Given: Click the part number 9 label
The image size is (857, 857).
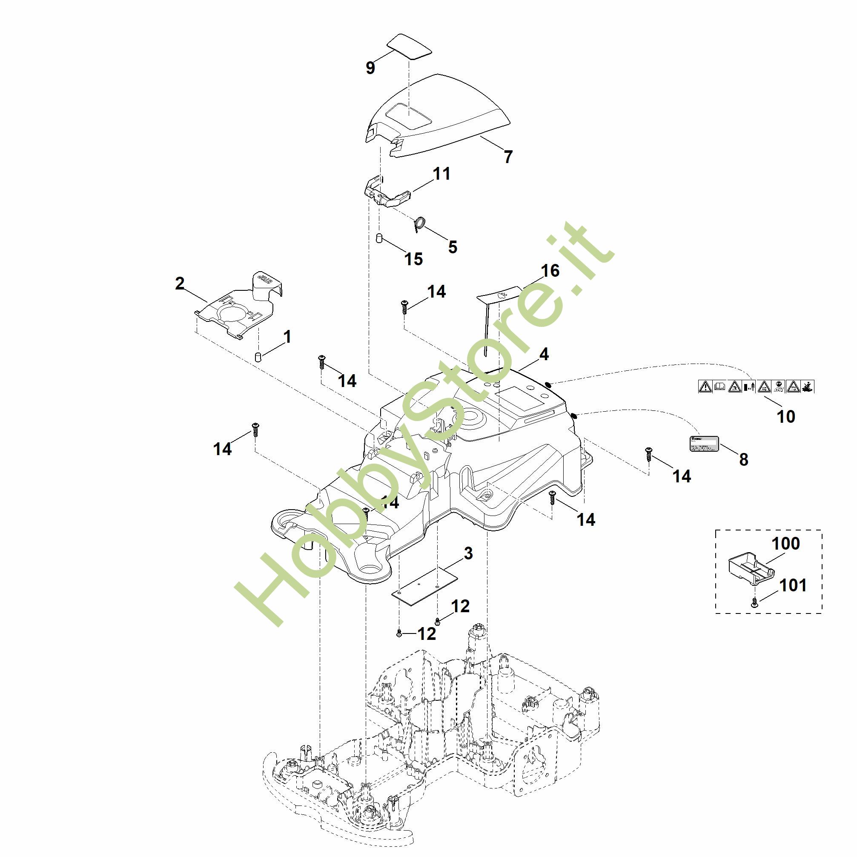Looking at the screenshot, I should click(370, 68).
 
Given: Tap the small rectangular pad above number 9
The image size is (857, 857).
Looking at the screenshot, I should click(409, 45).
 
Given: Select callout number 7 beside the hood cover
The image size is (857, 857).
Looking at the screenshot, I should click(508, 157).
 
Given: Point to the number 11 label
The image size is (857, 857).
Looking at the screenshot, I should click(441, 173).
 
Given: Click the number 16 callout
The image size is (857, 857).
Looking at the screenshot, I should click(550, 271).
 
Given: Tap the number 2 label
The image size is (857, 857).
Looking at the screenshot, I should click(180, 284).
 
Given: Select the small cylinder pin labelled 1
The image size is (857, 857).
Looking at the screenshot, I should click(257, 357).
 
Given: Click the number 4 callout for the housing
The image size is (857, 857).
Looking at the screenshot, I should click(544, 354).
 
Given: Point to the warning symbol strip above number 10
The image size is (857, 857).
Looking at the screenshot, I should click(756, 387).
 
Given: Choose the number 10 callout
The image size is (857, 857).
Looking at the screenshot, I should click(785, 416).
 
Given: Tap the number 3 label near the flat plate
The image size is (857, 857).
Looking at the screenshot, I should click(468, 553).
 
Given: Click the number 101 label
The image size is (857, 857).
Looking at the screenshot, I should click(793, 585).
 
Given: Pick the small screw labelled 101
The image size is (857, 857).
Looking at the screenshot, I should click(754, 602).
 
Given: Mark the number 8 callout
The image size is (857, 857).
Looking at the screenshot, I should click(743, 459).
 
